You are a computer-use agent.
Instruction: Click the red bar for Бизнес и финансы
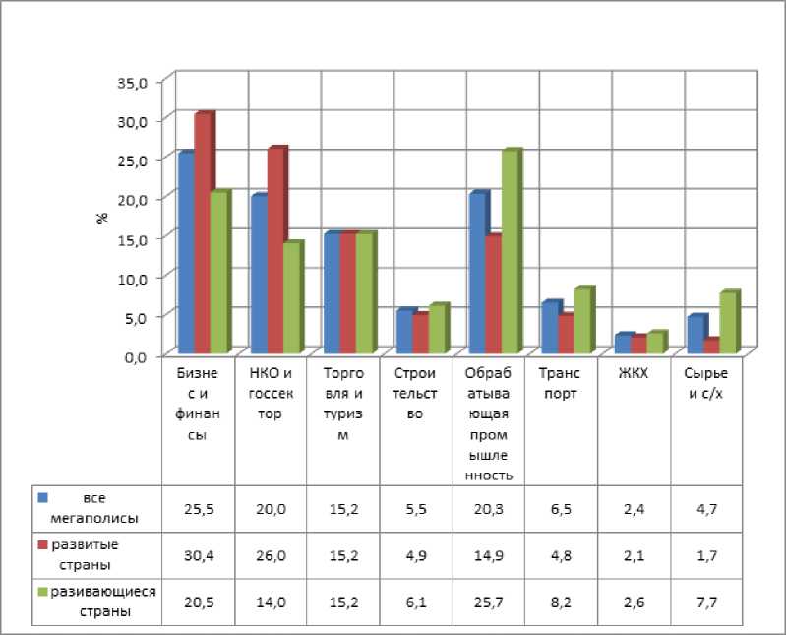click(x=202, y=234)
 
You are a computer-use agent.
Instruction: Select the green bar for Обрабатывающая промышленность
click(x=509, y=253)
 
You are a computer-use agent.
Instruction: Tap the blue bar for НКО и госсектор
click(x=259, y=275)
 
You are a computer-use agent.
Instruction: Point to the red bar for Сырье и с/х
click(x=711, y=346)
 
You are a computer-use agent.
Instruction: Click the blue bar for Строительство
click(x=404, y=332)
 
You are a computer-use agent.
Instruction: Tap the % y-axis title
click(x=101, y=218)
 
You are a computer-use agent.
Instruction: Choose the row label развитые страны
click(x=90, y=556)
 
